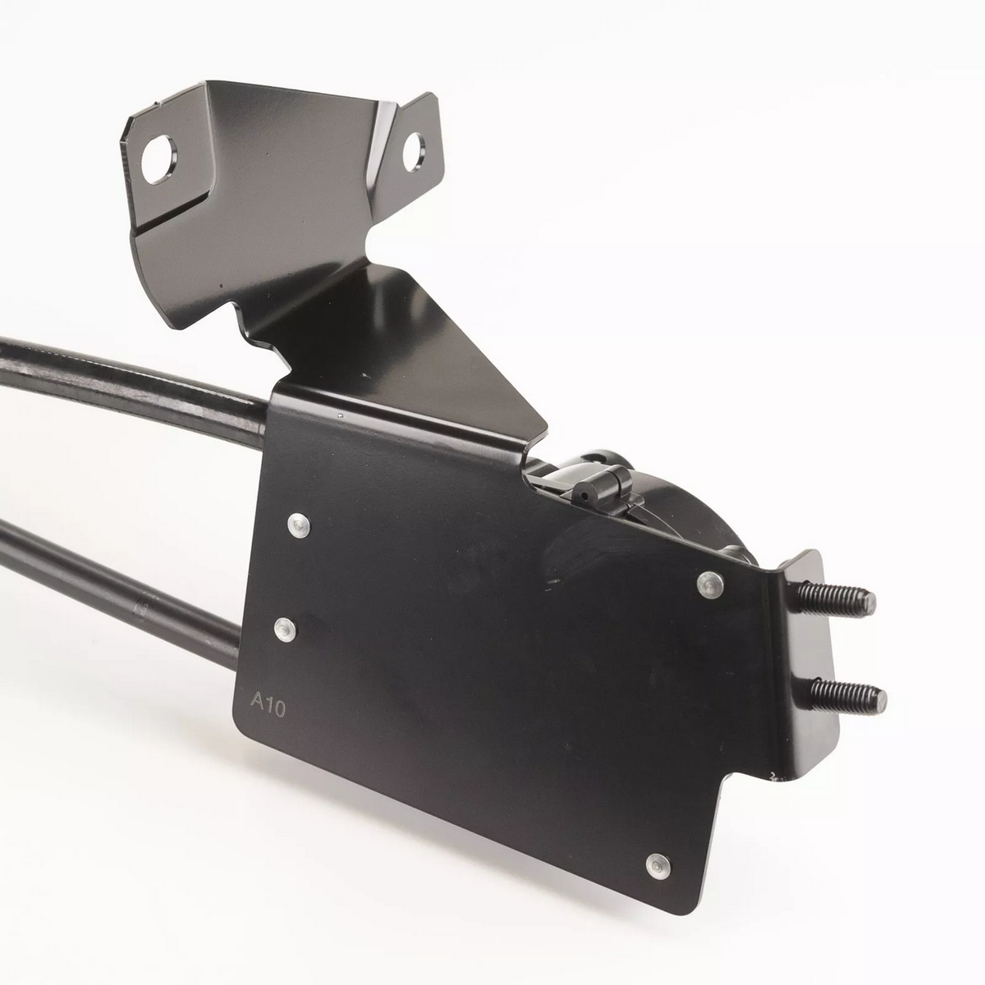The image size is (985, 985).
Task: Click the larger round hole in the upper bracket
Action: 159,159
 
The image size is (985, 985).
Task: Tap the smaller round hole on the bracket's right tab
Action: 414,152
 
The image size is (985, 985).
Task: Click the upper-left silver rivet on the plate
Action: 298,525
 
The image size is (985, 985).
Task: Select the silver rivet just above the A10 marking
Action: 285,630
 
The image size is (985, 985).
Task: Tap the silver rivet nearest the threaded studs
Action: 711,584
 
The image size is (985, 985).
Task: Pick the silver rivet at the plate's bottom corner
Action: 658,866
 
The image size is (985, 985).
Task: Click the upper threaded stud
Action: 834,601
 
